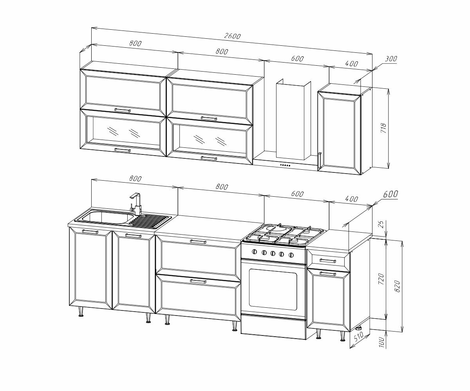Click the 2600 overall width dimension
point(232,36)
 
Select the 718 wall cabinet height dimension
point(383,128)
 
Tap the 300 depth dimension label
point(390,59)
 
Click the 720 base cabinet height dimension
point(382,278)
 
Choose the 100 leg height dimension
point(382,343)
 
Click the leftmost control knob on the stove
point(255,252)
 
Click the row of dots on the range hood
point(285,165)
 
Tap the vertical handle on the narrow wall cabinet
point(320,160)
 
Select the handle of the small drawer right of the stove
point(327,260)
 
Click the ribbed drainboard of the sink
point(149,221)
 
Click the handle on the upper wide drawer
point(198,242)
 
